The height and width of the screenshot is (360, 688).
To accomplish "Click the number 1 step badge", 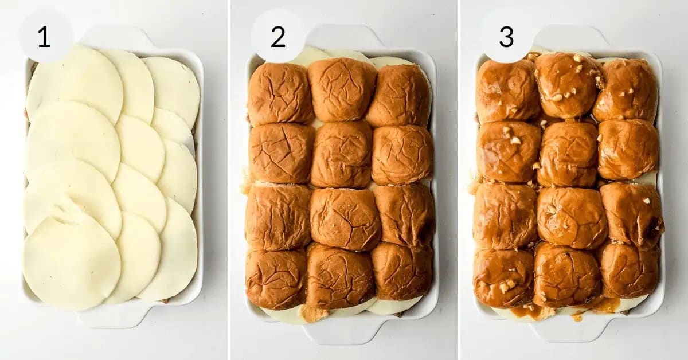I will click(x=45, y=37).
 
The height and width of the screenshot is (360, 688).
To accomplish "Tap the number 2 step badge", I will click(x=277, y=37).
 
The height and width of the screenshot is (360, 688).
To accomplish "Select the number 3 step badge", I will click(x=506, y=37).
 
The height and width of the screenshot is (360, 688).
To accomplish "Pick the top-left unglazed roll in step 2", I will click(x=280, y=94).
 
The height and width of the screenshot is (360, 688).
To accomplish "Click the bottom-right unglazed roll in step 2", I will click(x=402, y=271).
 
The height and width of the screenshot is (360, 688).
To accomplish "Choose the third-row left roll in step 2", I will click(x=278, y=217).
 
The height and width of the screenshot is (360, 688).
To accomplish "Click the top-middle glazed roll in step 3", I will click(x=568, y=85).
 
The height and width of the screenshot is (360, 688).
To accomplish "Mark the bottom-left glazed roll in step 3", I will click(x=504, y=277).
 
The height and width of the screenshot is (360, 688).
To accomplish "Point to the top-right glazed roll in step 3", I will click(x=625, y=91).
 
